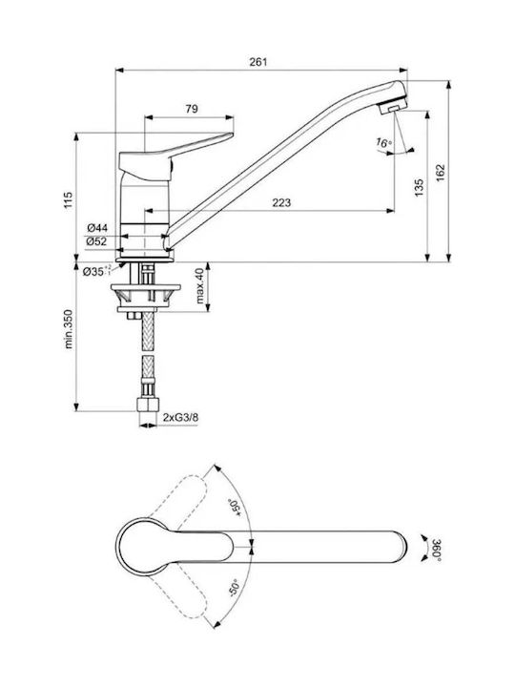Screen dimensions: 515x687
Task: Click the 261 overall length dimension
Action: (x=258, y=62)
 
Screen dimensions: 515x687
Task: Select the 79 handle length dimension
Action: (x=192, y=109)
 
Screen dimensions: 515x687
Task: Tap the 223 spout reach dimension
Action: (x=281, y=202)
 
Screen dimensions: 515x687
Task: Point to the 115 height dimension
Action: (x=69, y=199)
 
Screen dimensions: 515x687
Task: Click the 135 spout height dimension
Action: (x=419, y=188)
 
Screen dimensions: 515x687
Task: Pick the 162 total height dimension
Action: (x=440, y=173)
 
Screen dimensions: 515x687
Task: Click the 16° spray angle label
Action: (x=383, y=143)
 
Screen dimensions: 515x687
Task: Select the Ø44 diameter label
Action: (x=97, y=228)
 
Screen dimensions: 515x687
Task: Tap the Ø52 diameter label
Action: (x=96, y=241)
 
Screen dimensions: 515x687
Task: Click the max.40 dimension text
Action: (x=199, y=286)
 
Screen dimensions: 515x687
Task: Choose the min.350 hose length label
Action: (x=69, y=329)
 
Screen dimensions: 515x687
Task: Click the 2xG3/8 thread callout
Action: (x=180, y=417)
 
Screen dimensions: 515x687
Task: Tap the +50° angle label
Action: (x=237, y=510)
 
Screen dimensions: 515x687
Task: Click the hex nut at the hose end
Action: (x=147, y=405)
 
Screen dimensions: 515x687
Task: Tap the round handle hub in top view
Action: (x=139, y=547)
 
